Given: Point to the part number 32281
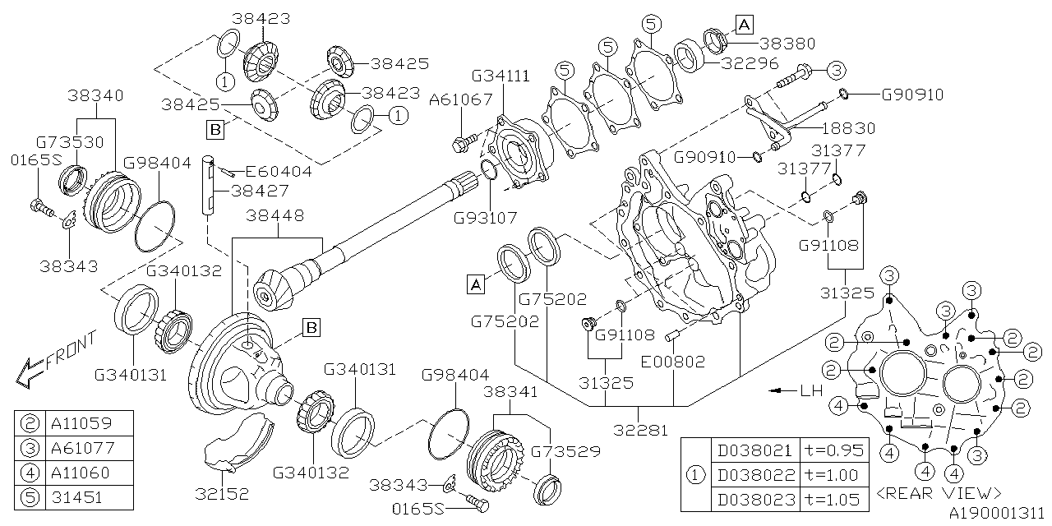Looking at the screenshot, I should point(639,431).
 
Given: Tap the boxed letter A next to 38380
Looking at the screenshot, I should point(744,25).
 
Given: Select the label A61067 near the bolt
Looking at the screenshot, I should point(461,99).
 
